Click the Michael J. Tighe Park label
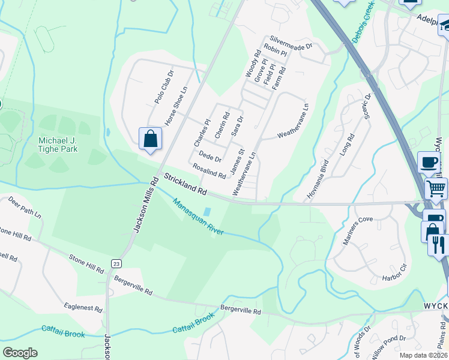point(58,145)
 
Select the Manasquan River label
point(198,217)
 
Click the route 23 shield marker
point(116,263)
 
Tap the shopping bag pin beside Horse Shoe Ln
point(150,139)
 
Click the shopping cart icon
point(437,188)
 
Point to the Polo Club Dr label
point(164,88)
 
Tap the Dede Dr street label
point(210,157)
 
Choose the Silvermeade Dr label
point(291,42)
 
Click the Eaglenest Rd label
point(85,307)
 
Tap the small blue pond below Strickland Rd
point(207,211)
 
